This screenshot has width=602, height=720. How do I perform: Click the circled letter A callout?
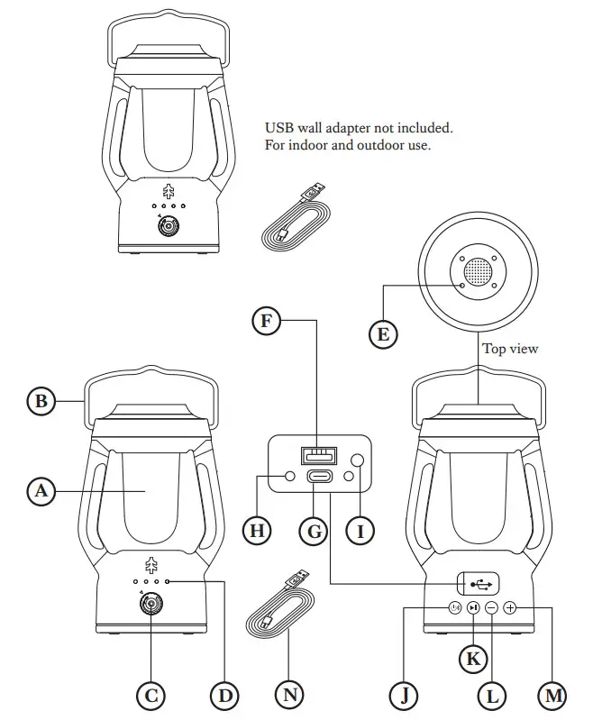pyautogui.click(x=40, y=491)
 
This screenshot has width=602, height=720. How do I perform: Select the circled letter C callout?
pyautogui.click(x=151, y=695)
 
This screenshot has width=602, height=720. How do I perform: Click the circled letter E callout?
pyautogui.click(x=383, y=334)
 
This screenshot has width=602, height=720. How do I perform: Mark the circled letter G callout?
pyautogui.click(x=315, y=531)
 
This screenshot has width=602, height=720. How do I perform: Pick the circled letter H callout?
pyautogui.click(x=259, y=531)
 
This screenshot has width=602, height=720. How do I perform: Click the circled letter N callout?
pyautogui.click(x=289, y=695)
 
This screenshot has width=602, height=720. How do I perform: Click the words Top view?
pyautogui.click(x=510, y=349)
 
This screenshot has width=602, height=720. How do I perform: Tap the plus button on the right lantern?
pyautogui.click(x=511, y=608)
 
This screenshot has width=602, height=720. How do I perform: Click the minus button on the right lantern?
pyautogui.click(x=492, y=608)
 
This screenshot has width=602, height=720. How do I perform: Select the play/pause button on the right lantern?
pyautogui.click(x=473, y=608)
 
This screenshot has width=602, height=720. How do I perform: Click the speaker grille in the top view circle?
pyautogui.click(x=479, y=271)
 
